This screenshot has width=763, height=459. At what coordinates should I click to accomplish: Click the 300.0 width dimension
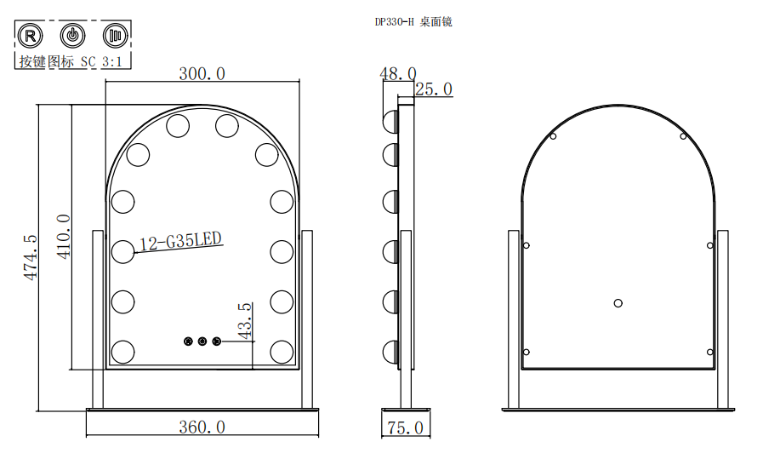pyautogui.click(x=202, y=73)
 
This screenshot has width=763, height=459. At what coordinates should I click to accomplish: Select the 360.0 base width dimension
pyautogui.click(x=202, y=427)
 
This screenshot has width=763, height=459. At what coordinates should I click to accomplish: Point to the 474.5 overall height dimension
pyautogui.click(x=31, y=257)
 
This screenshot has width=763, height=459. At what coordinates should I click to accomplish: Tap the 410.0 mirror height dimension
pyautogui.click(x=64, y=237)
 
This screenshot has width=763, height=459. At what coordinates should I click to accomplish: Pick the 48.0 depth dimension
pyautogui.click(x=398, y=73)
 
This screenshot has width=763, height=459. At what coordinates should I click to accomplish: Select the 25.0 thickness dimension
pyautogui.click(x=434, y=89)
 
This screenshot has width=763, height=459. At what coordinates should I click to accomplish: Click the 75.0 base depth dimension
pyautogui.click(x=406, y=427)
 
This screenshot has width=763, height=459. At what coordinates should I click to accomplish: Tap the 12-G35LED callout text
pyautogui.click(x=180, y=241)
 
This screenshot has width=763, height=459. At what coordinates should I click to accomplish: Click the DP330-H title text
pyautogui.click(x=394, y=22)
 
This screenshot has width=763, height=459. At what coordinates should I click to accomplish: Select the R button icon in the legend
pyautogui.click(x=30, y=36)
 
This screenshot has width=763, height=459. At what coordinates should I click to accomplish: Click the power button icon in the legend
pyautogui.click(x=72, y=36)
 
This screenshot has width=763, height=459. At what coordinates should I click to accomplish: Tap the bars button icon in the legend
pyautogui.click(x=116, y=36)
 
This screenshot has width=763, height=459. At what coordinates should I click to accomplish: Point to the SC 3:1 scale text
pyautogui.click(x=101, y=61)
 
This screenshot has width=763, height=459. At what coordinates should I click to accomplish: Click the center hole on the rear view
pyautogui.click(x=618, y=303)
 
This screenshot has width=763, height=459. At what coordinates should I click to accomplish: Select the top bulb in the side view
pyautogui.click(x=390, y=121)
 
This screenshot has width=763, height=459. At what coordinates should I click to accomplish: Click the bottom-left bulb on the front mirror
pyautogui.click(x=122, y=352)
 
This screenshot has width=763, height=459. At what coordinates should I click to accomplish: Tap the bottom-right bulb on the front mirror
pyautogui.click(x=282, y=352)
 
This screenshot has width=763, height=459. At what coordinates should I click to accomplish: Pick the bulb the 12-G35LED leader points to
pyautogui.click(x=122, y=252)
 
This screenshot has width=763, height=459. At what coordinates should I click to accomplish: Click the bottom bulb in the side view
pyautogui.click(x=390, y=352)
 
